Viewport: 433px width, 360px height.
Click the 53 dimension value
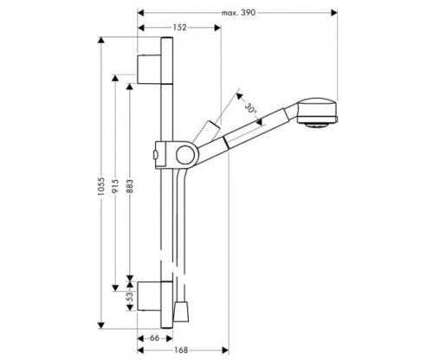(x=132, y=299)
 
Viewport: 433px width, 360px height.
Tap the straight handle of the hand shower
(x=260, y=125)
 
